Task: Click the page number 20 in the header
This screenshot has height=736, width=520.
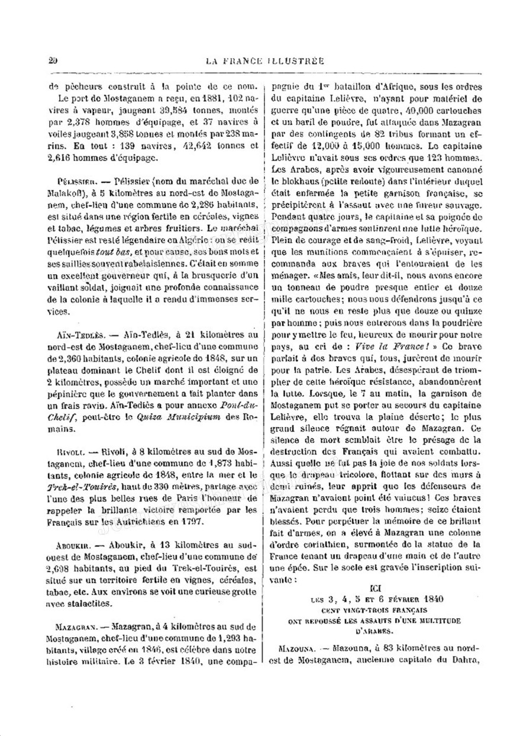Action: click(53, 60)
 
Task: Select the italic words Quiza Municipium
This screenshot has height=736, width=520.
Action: click(172, 416)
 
